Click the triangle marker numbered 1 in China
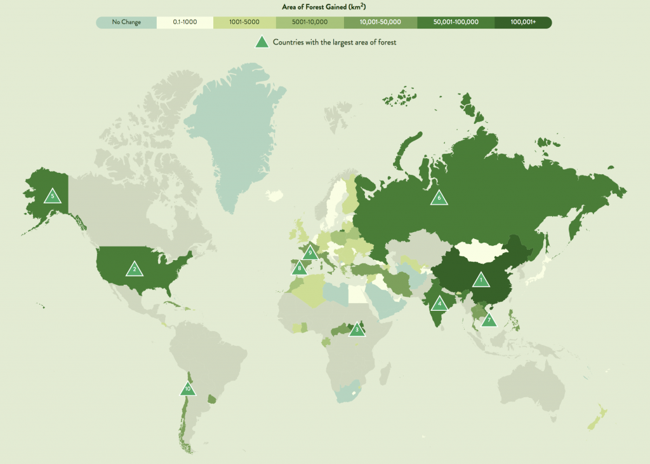pyautogui.click(x=481, y=279)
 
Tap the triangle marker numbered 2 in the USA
pyautogui.click(x=134, y=270)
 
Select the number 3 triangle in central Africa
pyautogui.click(x=357, y=329)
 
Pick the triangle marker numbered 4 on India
pyautogui.click(x=439, y=304)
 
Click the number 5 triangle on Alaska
pyautogui.click(x=53, y=196)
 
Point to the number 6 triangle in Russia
pyautogui.click(x=438, y=198)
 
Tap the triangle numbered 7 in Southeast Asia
pyautogui.click(x=488, y=320)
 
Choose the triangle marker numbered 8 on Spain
pyautogui.click(x=298, y=268)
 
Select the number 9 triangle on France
pyautogui.click(x=310, y=253)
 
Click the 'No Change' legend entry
pyautogui.click(x=126, y=22)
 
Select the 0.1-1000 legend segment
pyautogui.click(x=185, y=22)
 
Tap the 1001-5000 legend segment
pyautogui.click(x=245, y=22)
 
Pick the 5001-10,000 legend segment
pyautogui.click(x=310, y=22)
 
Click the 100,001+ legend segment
pyautogui.click(x=523, y=22)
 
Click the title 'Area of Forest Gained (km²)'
pyautogui.click(x=324, y=7)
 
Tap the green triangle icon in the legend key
pyautogui.click(x=261, y=43)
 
